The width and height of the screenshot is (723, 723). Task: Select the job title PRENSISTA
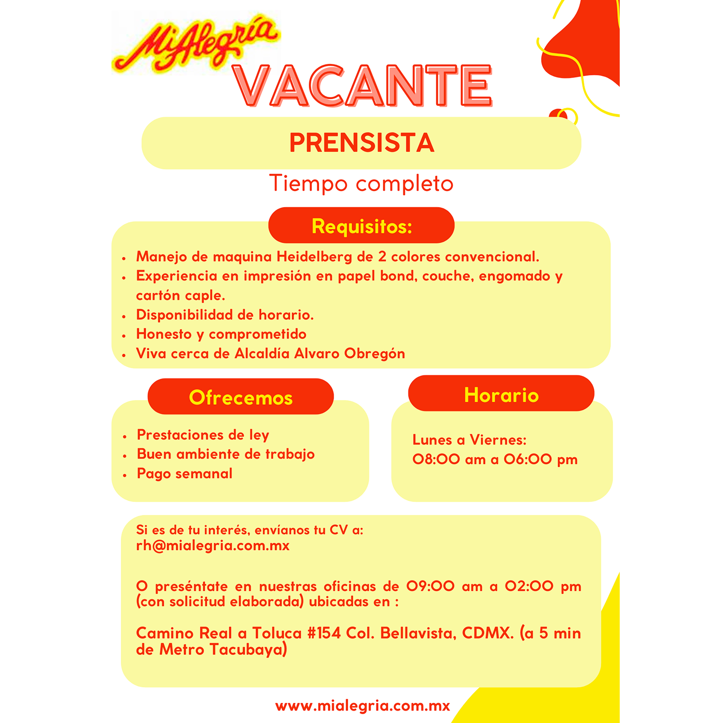[361, 143]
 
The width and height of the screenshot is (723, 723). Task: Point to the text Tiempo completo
[361, 184]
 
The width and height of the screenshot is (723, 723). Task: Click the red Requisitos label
[361, 226]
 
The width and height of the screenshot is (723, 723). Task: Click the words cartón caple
[180, 295]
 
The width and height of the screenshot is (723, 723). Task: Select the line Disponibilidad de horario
[225, 315]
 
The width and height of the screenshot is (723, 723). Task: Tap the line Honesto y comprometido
[221, 334]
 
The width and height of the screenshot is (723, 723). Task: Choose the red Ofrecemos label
[241, 397]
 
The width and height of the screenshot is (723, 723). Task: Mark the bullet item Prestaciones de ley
[203, 435]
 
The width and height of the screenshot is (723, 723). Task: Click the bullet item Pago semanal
[184, 474]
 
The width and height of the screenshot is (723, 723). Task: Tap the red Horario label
[501, 395]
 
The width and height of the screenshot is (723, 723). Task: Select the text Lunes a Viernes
[469, 440]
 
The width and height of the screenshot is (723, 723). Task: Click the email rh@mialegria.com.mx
[213, 546]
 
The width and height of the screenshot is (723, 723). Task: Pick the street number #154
[324, 633]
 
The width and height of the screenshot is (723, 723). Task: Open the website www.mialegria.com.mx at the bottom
[363, 706]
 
